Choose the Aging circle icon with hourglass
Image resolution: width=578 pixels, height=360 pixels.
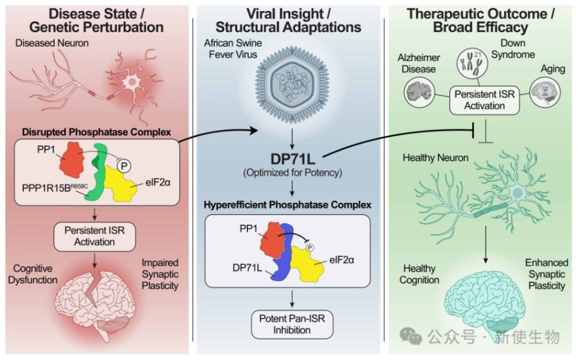544,93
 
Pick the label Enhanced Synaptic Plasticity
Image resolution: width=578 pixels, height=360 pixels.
546,274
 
